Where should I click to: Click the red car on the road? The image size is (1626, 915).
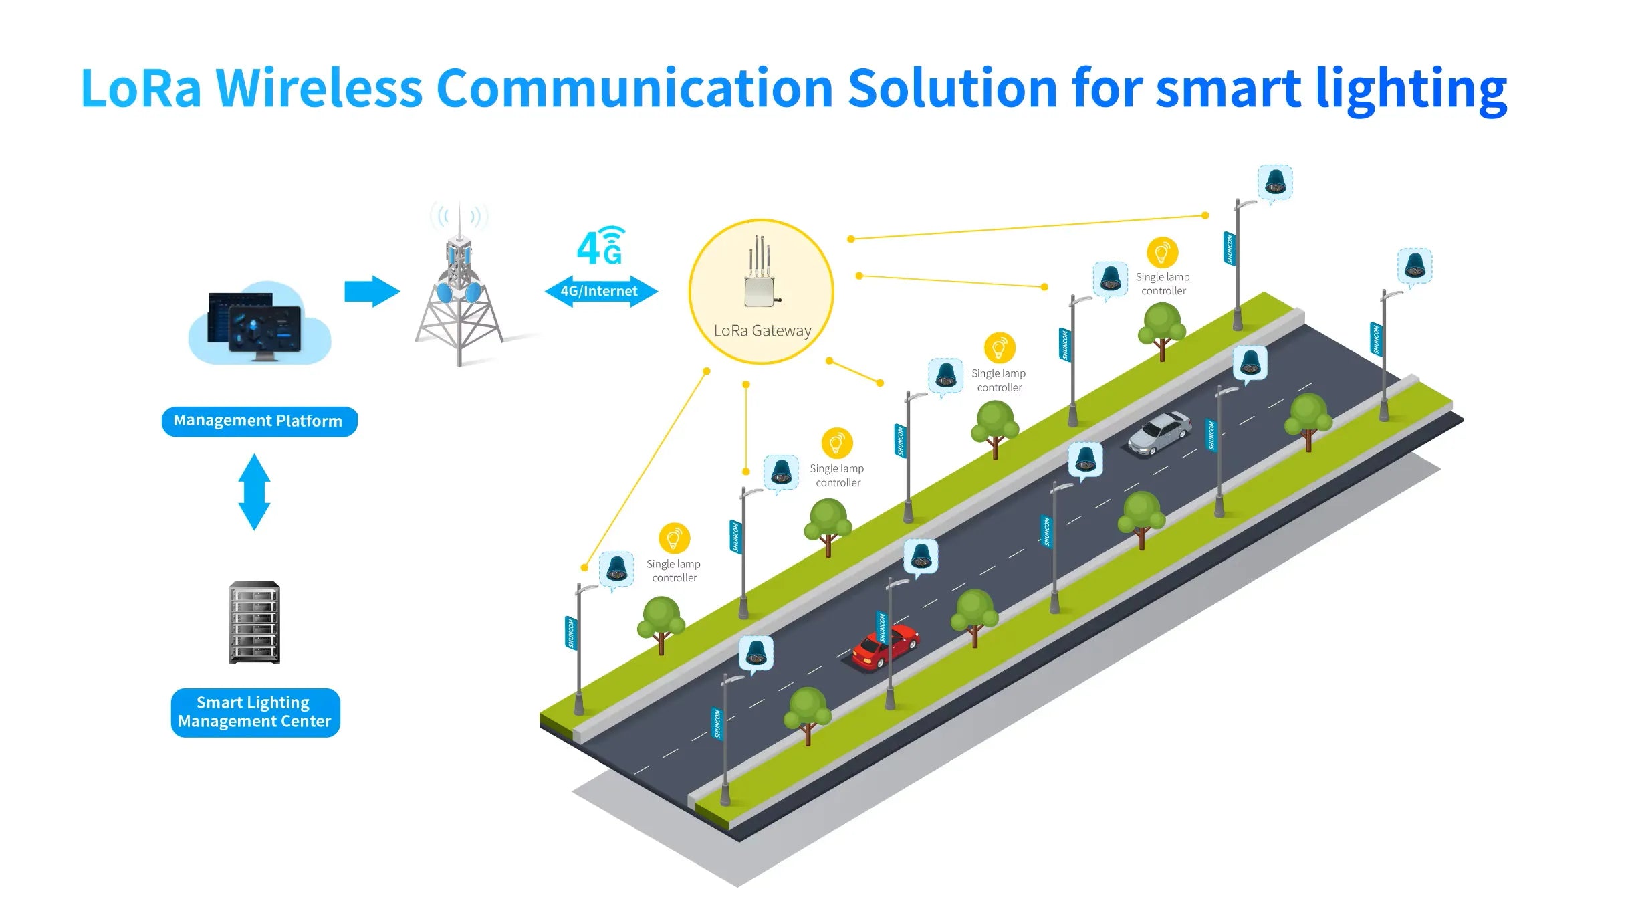click(x=884, y=647)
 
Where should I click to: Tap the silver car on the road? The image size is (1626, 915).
click(x=1160, y=433)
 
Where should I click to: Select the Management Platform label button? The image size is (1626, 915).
click(x=259, y=421)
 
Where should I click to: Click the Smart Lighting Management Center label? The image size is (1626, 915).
click(x=255, y=712)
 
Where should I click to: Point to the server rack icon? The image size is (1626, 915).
click(x=254, y=622)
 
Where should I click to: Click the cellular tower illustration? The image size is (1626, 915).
click(x=459, y=294)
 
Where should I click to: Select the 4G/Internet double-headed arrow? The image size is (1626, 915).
click(x=600, y=291)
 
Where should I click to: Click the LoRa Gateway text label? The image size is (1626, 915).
click(x=762, y=330)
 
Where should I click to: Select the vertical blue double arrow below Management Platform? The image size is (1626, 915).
click(x=254, y=492)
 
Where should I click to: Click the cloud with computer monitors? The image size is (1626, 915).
click(x=259, y=324)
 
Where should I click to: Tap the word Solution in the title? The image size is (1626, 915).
click(x=952, y=88)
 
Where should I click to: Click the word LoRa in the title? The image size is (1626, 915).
click(x=140, y=88)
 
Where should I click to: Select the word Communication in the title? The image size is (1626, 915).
click(x=634, y=88)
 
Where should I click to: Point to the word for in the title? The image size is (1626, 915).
click(x=1108, y=88)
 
